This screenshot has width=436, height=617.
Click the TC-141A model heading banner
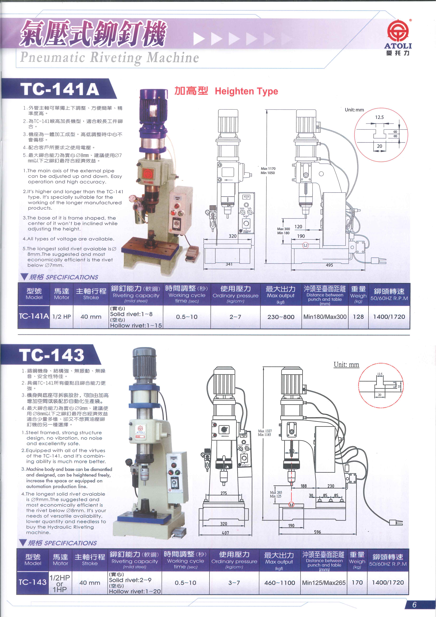(x=60, y=89)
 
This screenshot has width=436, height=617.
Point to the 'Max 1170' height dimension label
(x=268, y=168)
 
